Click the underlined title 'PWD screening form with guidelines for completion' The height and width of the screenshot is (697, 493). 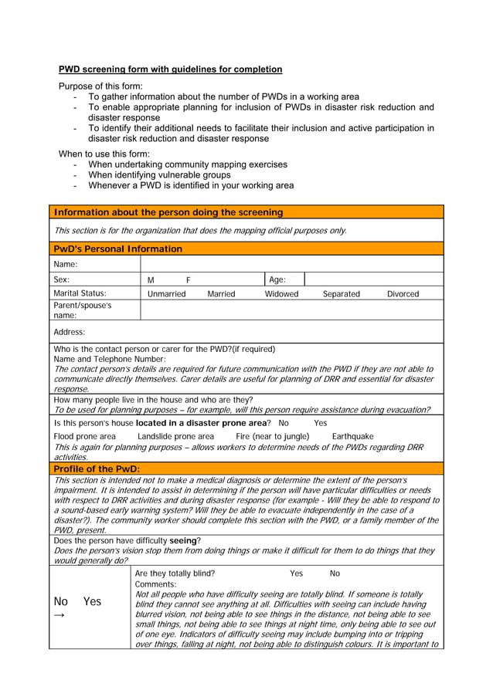coord(170,69)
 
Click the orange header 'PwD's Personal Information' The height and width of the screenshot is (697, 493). coord(118,249)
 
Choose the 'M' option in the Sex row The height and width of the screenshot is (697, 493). coord(151,280)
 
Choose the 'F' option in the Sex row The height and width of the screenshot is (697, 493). coord(188,280)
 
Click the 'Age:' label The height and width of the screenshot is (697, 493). coord(277,280)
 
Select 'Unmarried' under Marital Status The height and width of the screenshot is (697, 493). coord(167,294)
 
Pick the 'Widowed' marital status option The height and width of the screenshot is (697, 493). coord(282,294)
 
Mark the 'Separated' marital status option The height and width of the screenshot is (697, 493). coord(341,294)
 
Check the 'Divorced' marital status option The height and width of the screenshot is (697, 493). coord(403,294)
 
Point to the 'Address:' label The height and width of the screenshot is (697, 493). coord(70,332)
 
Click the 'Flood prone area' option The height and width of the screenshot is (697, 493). coord(85,437)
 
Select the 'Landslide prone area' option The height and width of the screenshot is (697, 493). coord(175,437)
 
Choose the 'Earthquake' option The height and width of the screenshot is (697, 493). coord(352,437)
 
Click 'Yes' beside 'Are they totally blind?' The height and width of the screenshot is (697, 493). coord(296,574)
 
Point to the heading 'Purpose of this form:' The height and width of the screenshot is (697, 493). coord(100,86)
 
